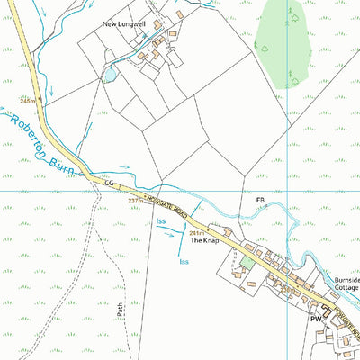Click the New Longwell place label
pos(125,24)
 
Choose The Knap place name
pos(203,242)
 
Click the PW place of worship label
pos(316,319)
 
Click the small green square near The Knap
pos(247,262)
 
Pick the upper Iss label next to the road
pos(161,220)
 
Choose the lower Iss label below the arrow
pos(183,262)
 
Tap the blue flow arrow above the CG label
pos(124,167)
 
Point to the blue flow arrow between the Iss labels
pos(168,232)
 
